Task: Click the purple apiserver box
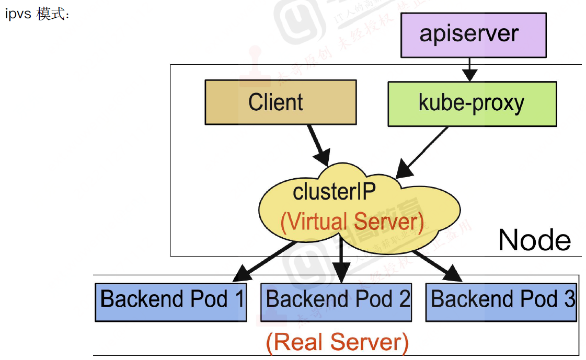473,35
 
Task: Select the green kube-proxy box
472,103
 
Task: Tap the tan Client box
280,102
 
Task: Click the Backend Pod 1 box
170,301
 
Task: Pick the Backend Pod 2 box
336,301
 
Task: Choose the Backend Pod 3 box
501,301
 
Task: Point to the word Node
534,240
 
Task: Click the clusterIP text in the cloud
334,192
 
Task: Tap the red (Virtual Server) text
352,222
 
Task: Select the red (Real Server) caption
337,342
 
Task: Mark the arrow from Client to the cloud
318,143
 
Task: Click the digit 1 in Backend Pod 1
240,299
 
